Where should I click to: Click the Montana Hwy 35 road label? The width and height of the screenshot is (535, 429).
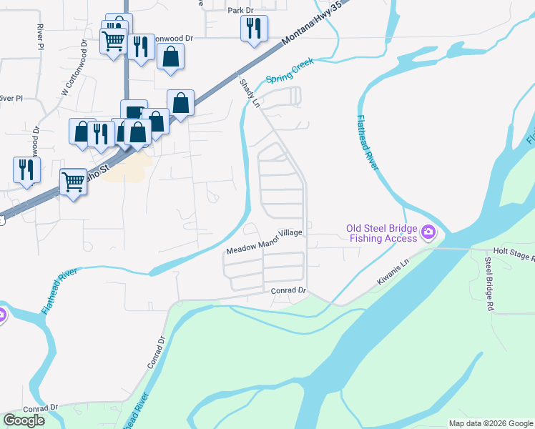tap(305, 34)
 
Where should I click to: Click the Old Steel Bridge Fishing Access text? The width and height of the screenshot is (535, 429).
tap(381, 234)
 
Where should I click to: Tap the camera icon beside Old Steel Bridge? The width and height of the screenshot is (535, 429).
tap(428, 231)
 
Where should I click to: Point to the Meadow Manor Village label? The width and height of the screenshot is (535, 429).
tap(265, 242)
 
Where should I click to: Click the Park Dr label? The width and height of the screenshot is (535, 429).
tap(240, 11)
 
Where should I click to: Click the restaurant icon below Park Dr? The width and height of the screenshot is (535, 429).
tap(254, 28)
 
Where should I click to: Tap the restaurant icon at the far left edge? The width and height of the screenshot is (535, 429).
tap(26, 169)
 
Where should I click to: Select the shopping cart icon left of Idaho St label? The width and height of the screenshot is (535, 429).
tap(73, 181)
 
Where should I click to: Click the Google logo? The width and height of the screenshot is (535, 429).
tap(24, 420)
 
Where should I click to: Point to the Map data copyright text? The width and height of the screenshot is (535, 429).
tap(491, 423)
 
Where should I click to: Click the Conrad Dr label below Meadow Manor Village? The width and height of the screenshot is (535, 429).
tap(288, 291)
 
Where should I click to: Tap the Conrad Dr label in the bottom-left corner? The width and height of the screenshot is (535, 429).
tap(40, 408)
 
